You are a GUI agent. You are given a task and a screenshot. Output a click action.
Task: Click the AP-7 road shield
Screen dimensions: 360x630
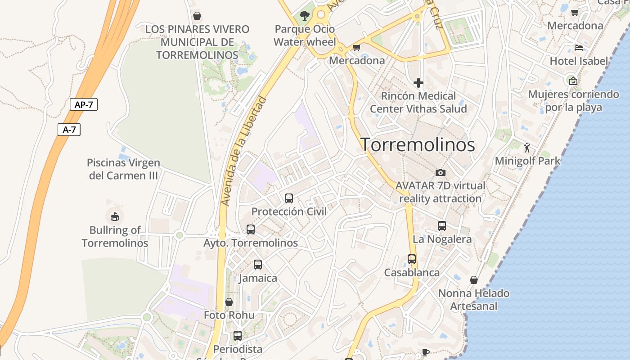point(84,105)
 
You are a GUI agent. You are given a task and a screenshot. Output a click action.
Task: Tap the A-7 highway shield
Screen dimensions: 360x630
point(69,130)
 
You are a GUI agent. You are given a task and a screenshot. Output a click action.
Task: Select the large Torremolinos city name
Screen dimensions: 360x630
point(418,144)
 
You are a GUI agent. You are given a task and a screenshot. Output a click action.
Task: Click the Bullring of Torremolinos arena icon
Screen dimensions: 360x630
point(115,216)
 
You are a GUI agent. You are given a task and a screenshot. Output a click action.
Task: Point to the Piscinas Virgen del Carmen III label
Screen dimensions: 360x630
point(123,169)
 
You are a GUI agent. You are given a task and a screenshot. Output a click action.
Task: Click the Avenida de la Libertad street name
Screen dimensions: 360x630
point(244,152)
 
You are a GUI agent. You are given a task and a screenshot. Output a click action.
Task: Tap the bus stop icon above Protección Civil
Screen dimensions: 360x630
point(289,198)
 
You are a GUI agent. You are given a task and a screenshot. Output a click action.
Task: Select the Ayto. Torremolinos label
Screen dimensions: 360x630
point(251,243)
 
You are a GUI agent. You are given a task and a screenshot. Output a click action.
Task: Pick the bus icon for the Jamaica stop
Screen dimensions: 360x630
point(258,265)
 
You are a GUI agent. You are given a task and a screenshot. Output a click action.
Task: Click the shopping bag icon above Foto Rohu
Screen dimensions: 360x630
point(229,302)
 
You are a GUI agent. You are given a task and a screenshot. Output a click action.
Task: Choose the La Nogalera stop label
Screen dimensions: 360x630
point(442,239)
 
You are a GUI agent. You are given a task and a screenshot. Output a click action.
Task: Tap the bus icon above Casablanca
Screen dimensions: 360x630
point(412,259)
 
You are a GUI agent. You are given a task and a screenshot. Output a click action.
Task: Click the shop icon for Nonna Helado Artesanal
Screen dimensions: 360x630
point(473,280)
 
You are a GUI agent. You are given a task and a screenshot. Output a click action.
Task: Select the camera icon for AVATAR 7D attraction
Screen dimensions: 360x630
point(441,172)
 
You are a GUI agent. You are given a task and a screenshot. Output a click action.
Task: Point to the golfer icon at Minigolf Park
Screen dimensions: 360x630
point(527,147)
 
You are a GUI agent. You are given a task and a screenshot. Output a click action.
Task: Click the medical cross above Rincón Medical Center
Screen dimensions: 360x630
point(418,83)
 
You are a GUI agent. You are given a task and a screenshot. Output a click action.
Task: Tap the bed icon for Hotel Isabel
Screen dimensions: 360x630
point(579,47)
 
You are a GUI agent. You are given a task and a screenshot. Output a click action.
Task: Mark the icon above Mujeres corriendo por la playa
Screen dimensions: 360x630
point(573,81)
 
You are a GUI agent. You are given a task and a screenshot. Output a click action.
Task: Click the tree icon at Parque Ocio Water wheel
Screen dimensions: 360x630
point(305,16)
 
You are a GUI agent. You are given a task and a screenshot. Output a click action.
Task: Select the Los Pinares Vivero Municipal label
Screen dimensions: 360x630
point(197,42)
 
